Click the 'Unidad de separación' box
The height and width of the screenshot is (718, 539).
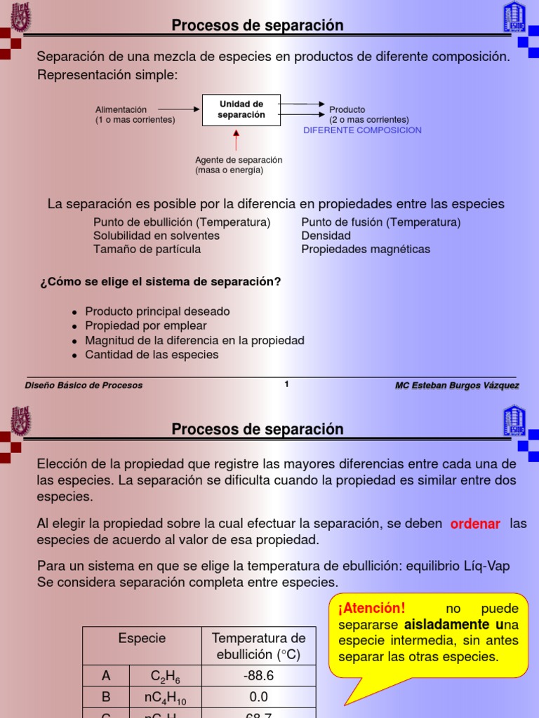click(x=241, y=109)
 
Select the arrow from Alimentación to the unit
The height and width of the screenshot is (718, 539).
click(x=179, y=109)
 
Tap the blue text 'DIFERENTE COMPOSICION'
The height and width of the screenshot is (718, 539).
click(x=362, y=130)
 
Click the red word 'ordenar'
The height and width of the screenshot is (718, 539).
click(x=475, y=524)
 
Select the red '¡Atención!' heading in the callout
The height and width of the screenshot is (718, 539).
click(x=371, y=608)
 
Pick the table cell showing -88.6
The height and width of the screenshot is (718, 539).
click(x=258, y=676)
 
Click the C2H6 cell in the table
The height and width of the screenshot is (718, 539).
click(x=166, y=677)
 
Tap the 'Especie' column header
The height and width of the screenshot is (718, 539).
click(x=142, y=638)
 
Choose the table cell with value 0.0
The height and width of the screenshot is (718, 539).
click(x=258, y=697)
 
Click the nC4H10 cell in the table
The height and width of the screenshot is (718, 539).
click(x=166, y=698)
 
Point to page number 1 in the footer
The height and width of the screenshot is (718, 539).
click(x=286, y=384)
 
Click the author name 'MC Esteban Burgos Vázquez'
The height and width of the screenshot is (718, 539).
click(x=457, y=385)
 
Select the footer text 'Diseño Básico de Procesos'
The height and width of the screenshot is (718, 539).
click(x=84, y=385)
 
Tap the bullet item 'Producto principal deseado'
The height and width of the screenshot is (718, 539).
click(x=157, y=311)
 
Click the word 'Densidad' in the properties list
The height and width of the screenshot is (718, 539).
click(x=326, y=236)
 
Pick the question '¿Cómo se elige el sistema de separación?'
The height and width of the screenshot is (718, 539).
click(x=161, y=282)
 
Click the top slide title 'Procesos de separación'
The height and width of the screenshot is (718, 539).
click(x=258, y=26)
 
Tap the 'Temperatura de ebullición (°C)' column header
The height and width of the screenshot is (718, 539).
click(x=258, y=646)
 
